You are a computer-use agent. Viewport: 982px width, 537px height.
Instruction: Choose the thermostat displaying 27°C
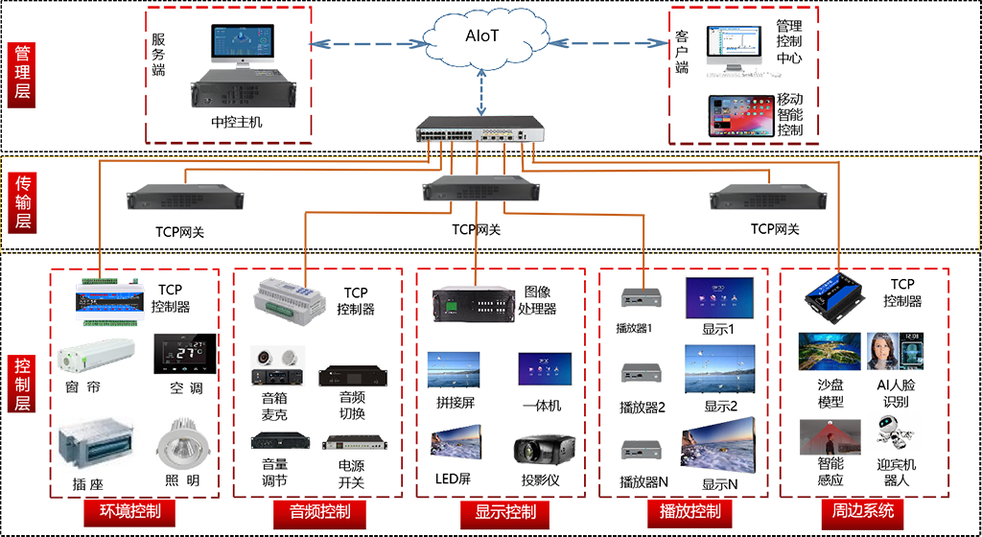coord(181,353)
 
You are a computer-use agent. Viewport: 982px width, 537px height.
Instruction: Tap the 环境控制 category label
coord(130,509)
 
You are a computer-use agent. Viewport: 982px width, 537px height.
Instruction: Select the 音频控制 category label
coord(320,509)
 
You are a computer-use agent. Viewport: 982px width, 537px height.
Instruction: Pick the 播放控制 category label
coord(690,509)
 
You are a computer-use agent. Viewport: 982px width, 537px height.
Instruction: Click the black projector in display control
coord(545,451)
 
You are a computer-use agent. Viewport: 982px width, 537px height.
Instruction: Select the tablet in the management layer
coord(740,116)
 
